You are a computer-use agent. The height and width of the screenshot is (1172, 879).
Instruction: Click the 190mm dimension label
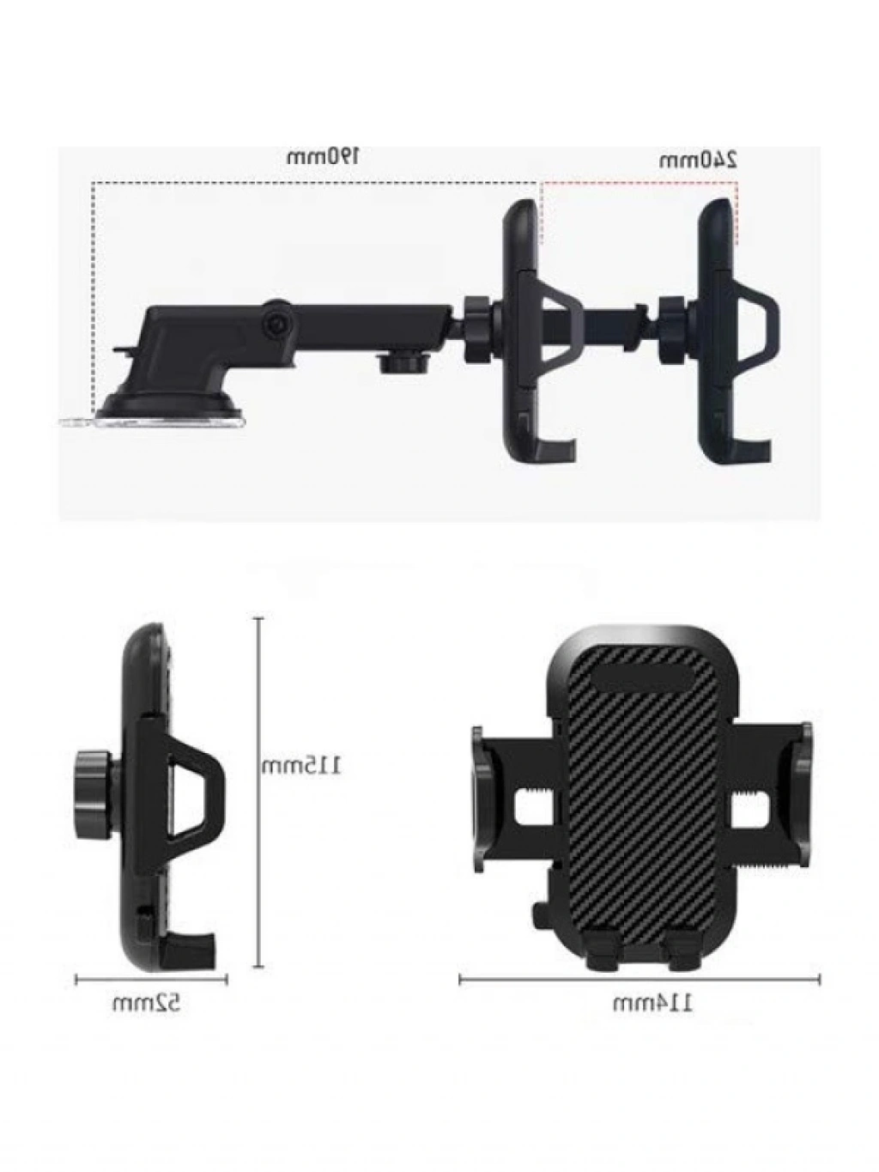pos(323,157)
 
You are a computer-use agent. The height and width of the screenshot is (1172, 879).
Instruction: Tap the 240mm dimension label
pos(698,161)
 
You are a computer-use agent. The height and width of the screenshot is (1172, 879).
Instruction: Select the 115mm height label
pos(301,767)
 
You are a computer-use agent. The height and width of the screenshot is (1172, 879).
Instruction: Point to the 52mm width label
pos(147,1003)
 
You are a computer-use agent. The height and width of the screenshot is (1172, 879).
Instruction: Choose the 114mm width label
pos(653,1004)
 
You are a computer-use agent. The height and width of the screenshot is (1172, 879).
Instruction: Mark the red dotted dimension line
pos(640,183)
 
